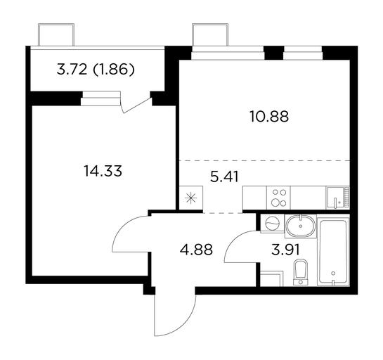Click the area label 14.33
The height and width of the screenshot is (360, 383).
click(x=103, y=171)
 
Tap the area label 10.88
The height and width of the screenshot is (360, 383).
click(x=269, y=116)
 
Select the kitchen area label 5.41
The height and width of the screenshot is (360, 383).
click(x=224, y=176)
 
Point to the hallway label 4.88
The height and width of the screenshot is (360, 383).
click(x=196, y=250)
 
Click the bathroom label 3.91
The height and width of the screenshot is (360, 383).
click(x=285, y=250)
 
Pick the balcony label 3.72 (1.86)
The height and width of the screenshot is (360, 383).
click(x=96, y=70)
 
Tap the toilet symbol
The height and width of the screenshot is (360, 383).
click(x=301, y=272)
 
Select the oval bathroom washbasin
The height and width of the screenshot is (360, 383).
click(x=301, y=226)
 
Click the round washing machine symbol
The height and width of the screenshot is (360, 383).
click(x=272, y=224)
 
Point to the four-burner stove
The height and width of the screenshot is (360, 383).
click(x=279, y=198)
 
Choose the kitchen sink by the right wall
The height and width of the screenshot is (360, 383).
click(x=338, y=198)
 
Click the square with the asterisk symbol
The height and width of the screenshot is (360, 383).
click(x=191, y=198)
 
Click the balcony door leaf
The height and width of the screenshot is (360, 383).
click(x=136, y=105)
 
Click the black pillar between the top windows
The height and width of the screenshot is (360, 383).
click(x=274, y=53)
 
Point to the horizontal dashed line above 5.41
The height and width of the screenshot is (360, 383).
click(x=264, y=160)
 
